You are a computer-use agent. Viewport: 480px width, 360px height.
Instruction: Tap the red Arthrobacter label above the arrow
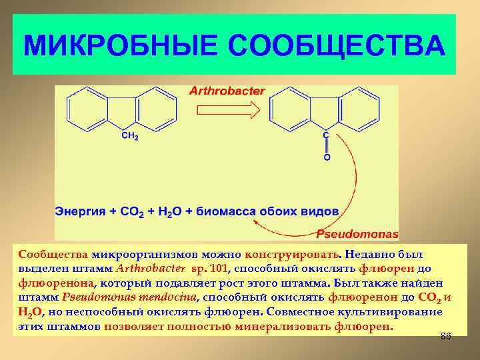click(x=229, y=91)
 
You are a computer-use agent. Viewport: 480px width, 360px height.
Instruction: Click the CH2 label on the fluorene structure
click(x=129, y=137)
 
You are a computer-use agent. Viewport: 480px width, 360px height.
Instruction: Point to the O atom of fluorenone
click(x=327, y=158)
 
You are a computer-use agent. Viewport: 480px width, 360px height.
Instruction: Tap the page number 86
click(x=446, y=336)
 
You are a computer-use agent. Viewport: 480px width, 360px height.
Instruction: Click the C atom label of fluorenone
click(x=325, y=135)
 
